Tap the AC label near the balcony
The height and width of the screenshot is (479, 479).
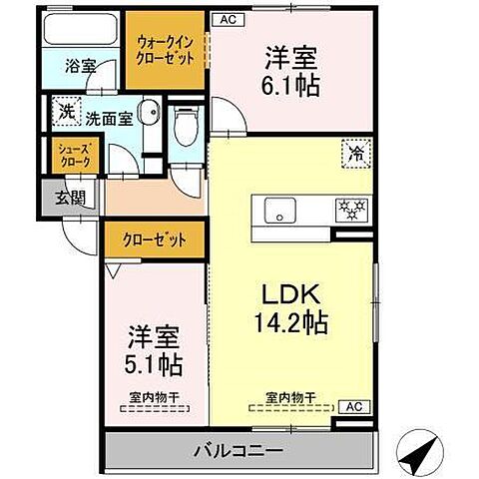352,405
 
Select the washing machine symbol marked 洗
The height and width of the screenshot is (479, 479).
65,111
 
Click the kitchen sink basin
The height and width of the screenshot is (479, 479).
279,211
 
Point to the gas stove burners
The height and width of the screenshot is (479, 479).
351,210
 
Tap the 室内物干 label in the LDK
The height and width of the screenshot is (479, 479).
291,396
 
